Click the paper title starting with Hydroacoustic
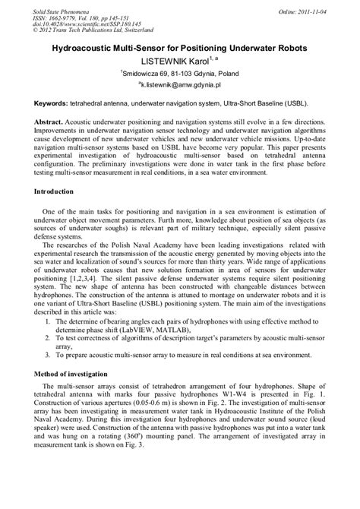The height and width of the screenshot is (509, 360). [x=179, y=47]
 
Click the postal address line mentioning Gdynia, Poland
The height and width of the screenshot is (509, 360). [x=179, y=74]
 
